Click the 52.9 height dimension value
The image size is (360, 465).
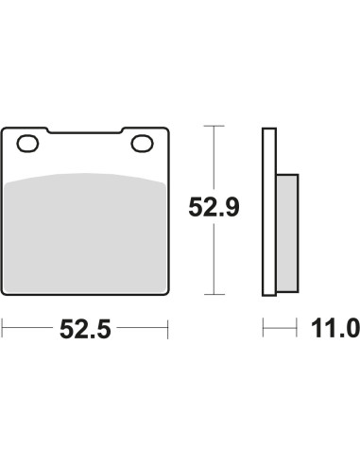point(214,207)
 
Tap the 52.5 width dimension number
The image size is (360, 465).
point(85,329)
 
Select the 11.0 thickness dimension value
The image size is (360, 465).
point(335,328)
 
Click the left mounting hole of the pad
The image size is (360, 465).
point(27,144)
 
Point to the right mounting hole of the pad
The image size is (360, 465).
point(143,144)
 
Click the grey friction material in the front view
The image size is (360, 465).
point(85,233)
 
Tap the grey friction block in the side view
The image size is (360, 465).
point(287,233)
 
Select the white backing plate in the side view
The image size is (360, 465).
point(269,212)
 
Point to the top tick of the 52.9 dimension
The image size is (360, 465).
point(214,126)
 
